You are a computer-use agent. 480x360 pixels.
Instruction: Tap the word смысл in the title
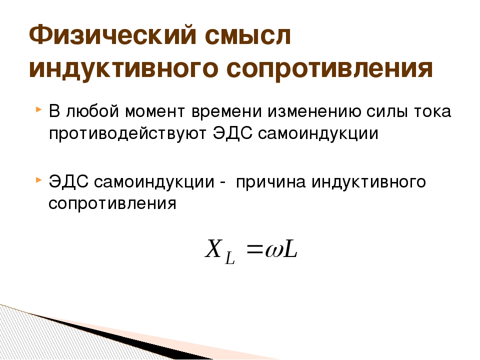point(248,35)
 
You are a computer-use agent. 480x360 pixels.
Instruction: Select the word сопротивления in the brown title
point(329,69)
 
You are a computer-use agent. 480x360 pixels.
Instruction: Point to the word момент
point(155,111)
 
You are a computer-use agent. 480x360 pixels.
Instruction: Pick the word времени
point(226,111)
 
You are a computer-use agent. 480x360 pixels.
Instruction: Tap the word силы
point(387,111)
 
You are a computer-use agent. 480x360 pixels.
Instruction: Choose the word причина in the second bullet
point(270,182)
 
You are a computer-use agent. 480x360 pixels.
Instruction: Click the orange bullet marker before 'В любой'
point(38,109)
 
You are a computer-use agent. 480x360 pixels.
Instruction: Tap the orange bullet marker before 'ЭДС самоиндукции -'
point(38,179)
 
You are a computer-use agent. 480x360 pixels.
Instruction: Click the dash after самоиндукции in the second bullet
point(223,183)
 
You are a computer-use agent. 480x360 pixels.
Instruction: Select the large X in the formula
point(213,248)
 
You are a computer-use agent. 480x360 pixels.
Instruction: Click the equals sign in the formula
point(255,250)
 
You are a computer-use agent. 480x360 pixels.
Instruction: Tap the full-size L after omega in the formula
point(290,249)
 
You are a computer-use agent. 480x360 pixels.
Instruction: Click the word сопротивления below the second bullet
point(112,203)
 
